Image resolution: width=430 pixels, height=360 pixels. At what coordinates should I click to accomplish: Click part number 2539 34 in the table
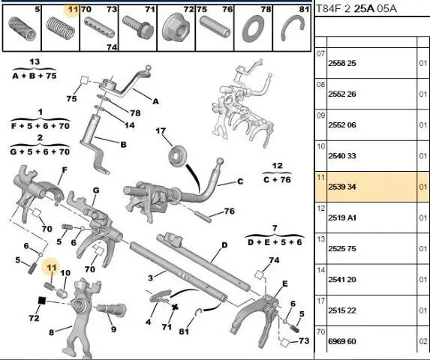pyautogui.click(x=342, y=187)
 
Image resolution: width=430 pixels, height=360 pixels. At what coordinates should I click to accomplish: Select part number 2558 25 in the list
pyautogui.click(x=342, y=63)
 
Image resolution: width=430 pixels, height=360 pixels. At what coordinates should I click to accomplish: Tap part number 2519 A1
pyautogui.click(x=342, y=217)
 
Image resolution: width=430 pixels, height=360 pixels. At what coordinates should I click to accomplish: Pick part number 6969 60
pyautogui.click(x=342, y=341)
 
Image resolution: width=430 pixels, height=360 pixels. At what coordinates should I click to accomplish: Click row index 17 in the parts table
pyautogui.click(x=320, y=301)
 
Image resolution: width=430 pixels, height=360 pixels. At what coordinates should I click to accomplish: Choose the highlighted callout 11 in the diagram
pyautogui.click(x=52, y=268)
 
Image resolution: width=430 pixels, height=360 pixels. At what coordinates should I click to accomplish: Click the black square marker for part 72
pyautogui.click(x=41, y=301)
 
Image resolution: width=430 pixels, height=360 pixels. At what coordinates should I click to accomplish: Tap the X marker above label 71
pyautogui.click(x=175, y=307)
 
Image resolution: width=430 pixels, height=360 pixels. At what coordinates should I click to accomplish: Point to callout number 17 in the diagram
pyautogui.click(x=161, y=130)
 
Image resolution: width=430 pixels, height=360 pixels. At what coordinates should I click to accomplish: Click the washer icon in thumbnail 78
pyautogui.click(x=253, y=28)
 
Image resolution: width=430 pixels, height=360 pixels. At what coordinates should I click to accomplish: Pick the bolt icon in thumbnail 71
pyautogui.click(x=137, y=27)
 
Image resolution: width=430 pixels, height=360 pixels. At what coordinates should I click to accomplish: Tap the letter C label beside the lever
pyautogui.click(x=240, y=181)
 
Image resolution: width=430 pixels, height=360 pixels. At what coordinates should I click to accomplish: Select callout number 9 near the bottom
pyautogui.click(x=113, y=329)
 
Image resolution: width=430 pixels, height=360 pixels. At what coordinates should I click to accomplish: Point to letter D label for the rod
pyautogui.click(x=224, y=245)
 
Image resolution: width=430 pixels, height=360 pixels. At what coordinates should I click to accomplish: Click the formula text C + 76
pyautogui.click(x=277, y=180)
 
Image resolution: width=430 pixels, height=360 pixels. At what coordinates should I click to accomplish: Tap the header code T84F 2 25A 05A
pyautogui.click(x=356, y=9)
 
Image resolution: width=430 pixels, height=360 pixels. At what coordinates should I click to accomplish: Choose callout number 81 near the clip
pyautogui.click(x=184, y=331)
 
